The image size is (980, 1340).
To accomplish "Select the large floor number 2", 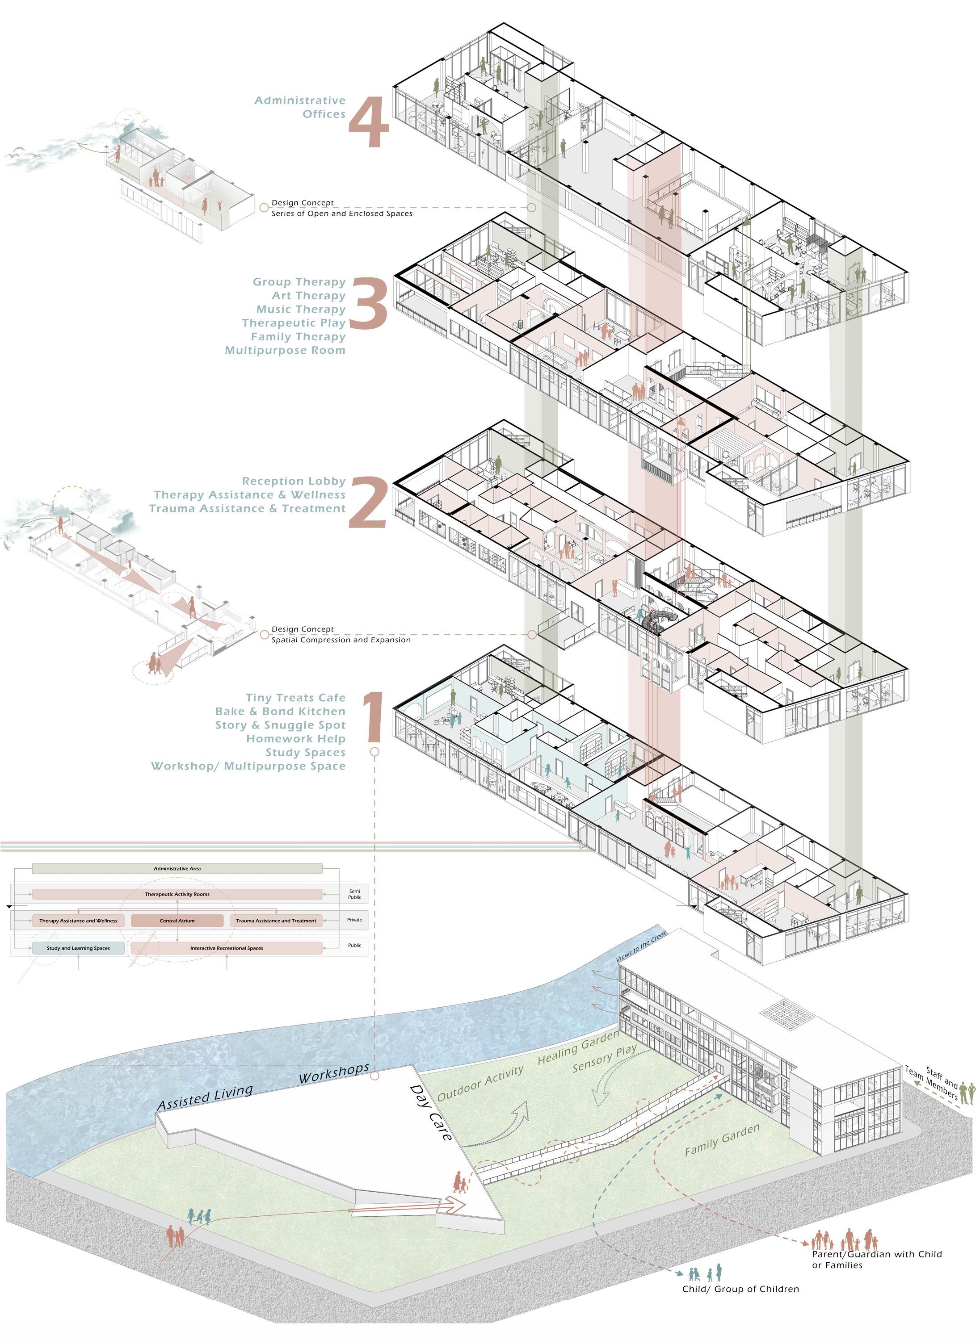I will click(x=368, y=503).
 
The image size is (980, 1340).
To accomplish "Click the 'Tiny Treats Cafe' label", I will click(x=295, y=698).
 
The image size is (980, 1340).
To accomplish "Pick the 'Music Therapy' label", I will click(x=300, y=310).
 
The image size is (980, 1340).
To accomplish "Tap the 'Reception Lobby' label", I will click(x=293, y=482).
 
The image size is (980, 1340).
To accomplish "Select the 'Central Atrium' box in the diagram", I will click(x=177, y=921).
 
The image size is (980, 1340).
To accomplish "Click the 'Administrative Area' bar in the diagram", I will click(x=177, y=869).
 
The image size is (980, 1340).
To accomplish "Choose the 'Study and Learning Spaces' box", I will click(x=78, y=948).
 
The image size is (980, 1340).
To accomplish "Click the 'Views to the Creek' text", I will click(x=641, y=947).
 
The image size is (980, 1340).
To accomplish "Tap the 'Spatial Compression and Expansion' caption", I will click(x=341, y=641).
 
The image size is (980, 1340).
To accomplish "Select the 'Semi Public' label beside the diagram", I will click(x=354, y=894).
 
